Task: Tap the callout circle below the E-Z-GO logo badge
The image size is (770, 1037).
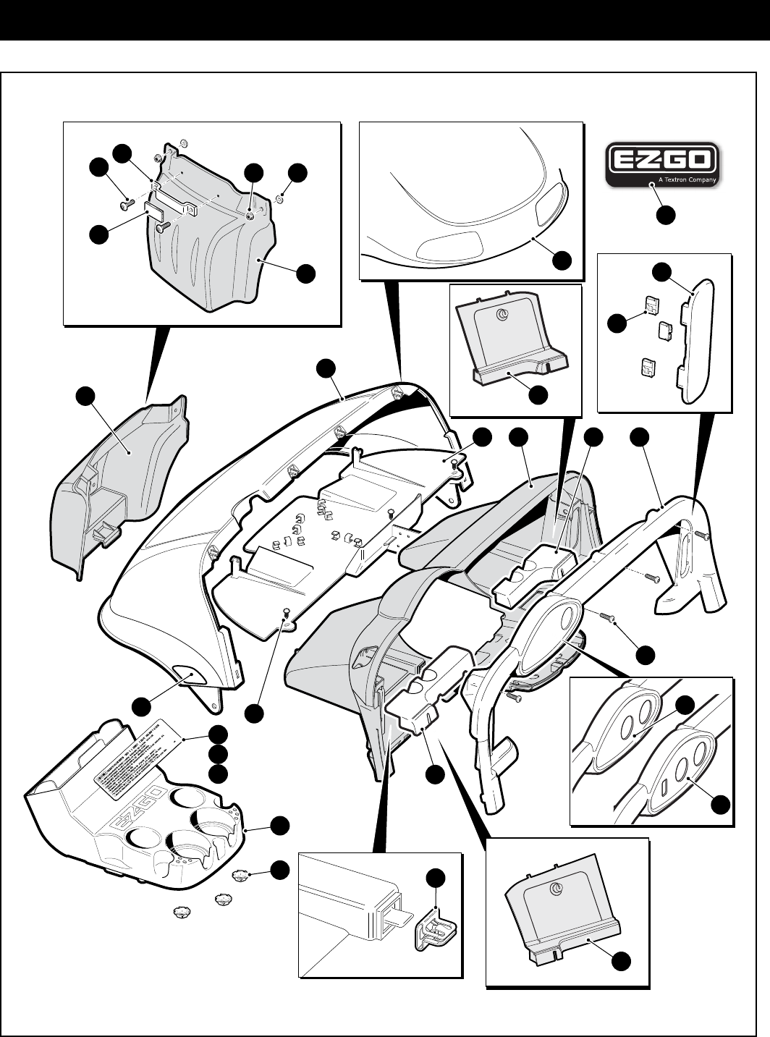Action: click(x=667, y=214)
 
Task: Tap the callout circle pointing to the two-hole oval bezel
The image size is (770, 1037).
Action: click(x=685, y=706)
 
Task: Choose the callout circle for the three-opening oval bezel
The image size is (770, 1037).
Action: click(x=722, y=804)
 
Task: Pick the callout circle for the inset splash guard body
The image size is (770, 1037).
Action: click(x=306, y=272)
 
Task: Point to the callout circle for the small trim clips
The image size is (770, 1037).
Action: click(x=617, y=323)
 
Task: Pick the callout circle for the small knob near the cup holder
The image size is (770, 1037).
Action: click(x=279, y=868)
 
